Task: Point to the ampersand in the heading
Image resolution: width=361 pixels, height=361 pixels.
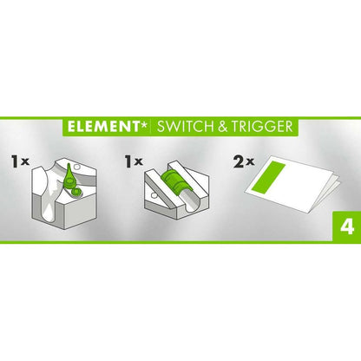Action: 221,126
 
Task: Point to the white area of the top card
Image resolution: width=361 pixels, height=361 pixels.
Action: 304,196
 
